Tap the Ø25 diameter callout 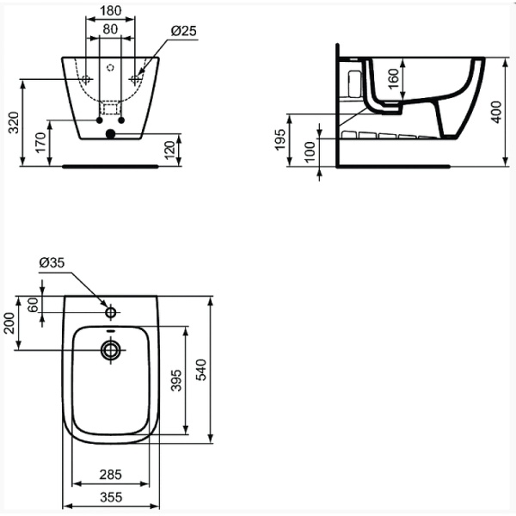[x=185, y=30]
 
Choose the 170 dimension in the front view [x=41, y=143]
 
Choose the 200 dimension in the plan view [x=11, y=323]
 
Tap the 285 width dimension [x=110, y=474]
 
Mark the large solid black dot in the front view [x=109, y=134]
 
